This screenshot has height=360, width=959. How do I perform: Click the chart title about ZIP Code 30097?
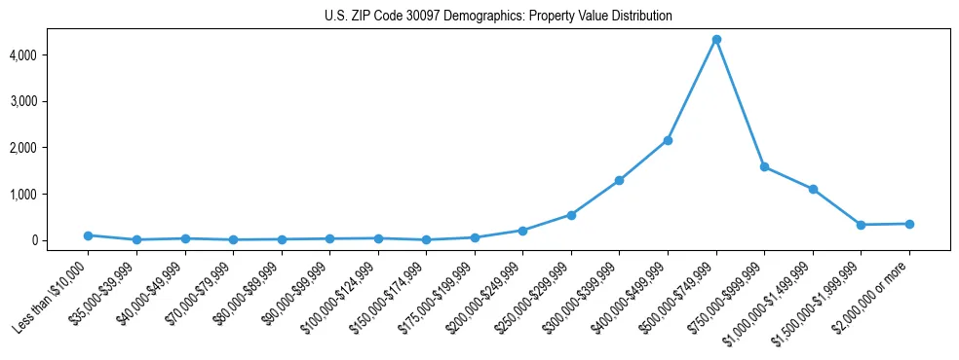pyautogui.click(x=498, y=17)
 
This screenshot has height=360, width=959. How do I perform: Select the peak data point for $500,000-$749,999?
pyautogui.click(x=716, y=39)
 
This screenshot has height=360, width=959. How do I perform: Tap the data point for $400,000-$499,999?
pyautogui.click(x=668, y=140)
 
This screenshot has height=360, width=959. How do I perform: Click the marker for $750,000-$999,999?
pyautogui.click(x=764, y=167)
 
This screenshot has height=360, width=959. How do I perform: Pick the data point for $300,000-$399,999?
pyautogui.click(x=619, y=180)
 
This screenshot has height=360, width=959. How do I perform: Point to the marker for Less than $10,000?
pyautogui.click(x=88, y=235)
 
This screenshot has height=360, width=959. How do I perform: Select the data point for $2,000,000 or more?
pyautogui.click(x=909, y=224)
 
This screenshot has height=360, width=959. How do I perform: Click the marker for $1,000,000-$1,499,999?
pyautogui.click(x=813, y=189)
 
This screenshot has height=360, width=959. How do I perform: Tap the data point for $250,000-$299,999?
pyautogui.click(x=571, y=215)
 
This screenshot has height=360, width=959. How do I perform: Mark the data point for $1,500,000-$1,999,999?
pyautogui.click(x=861, y=225)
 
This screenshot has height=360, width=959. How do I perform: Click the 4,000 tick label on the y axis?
pyautogui.click(x=50, y=55)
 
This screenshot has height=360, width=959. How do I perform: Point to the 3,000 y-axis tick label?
pyautogui.click(x=50, y=101)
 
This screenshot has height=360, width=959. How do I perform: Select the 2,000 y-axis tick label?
pyautogui.click(x=50, y=148)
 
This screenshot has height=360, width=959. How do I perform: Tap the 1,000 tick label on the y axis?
pyautogui.click(x=50, y=195)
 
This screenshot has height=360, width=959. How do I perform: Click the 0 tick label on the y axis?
pyautogui.click(x=60, y=240)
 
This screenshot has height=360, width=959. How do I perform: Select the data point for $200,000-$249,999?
pyautogui.click(x=522, y=231)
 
